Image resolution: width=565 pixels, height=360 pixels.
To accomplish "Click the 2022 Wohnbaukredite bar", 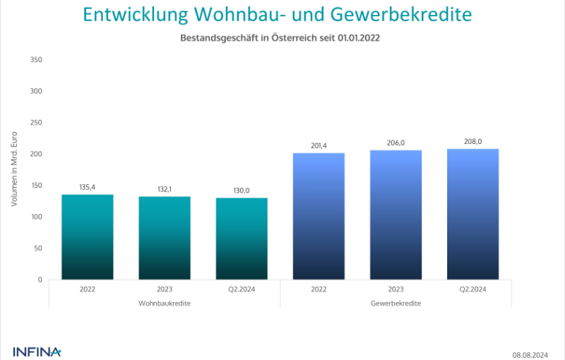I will pyautogui.click(x=88, y=236).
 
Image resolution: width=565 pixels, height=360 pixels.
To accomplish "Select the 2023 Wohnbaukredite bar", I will pyautogui.click(x=165, y=238).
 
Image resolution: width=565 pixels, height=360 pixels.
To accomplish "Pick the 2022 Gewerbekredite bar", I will pyautogui.click(x=319, y=216).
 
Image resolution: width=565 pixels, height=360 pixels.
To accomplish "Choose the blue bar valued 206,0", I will pyautogui.click(x=395, y=215).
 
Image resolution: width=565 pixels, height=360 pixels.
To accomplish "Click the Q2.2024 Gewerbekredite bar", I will pyautogui.click(x=473, y=214).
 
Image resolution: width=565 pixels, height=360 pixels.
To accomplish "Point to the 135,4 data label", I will pyautogui.click(x=88, y=187).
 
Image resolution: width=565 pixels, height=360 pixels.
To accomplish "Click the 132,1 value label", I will pyautogui.click(x=165, y=189).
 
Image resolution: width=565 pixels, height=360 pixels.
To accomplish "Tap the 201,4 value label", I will pyautogui.click(x=319, y=145).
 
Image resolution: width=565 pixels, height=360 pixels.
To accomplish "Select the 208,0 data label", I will pyautogui.click(x=473, y=141).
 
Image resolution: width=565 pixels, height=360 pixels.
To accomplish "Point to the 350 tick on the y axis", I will pyautogui.click(x=37, y=59).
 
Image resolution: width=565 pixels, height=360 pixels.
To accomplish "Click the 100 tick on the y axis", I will pyautogui.click(x=37, y=217).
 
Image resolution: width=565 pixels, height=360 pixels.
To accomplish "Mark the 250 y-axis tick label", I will pyautogui.click(x=37, y=122).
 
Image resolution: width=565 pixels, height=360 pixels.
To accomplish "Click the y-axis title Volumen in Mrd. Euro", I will pyautogui.click(x=14, y=169).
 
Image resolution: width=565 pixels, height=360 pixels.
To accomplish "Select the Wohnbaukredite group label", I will pyautogui.click(x=165, y=303).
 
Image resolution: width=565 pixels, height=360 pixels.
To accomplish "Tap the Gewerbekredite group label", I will pyautogui.click(x=395, y=303).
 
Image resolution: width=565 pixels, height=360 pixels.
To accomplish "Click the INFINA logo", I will pyautogui.click(x=37, y=351).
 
